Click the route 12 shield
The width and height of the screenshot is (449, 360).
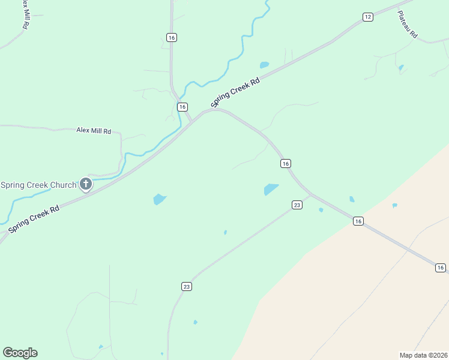point(367,17)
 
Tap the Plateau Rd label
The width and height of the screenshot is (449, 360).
point(408,25)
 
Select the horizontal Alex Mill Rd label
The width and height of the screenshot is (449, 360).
point(94,130)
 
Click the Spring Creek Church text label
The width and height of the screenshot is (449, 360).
point(38,185)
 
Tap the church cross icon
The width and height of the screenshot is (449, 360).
point(86,184)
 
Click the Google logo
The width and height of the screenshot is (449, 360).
point(20,353)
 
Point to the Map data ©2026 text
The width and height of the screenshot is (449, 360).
point(424,355)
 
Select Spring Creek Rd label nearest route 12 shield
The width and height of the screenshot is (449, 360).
point(236,92)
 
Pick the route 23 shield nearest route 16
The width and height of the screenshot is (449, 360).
point(297,205)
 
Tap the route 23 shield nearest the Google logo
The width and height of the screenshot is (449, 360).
point(187,287)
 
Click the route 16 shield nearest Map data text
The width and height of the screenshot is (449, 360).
point(440,268)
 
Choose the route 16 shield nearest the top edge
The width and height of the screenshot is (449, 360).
point(172,37)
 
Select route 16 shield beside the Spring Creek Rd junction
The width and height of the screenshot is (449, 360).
point(182,107)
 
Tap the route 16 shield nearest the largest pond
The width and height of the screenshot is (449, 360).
point(286,163)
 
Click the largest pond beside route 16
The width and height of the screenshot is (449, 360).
point(271,189)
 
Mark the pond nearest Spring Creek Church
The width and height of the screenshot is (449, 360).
point(159,199)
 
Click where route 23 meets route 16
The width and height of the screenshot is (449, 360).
point(310,194)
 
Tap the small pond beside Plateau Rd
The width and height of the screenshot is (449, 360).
point(401,67)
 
